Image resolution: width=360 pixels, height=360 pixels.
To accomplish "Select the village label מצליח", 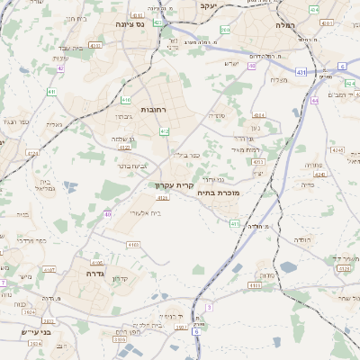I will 278,79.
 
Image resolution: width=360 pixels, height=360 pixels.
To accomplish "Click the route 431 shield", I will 300,71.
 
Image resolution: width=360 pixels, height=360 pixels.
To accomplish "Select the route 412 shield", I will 164,131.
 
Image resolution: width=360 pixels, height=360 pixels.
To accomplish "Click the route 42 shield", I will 59,67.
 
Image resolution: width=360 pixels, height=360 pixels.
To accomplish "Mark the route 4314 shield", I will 259,115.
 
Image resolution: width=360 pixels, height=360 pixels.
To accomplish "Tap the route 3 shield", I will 209,307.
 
